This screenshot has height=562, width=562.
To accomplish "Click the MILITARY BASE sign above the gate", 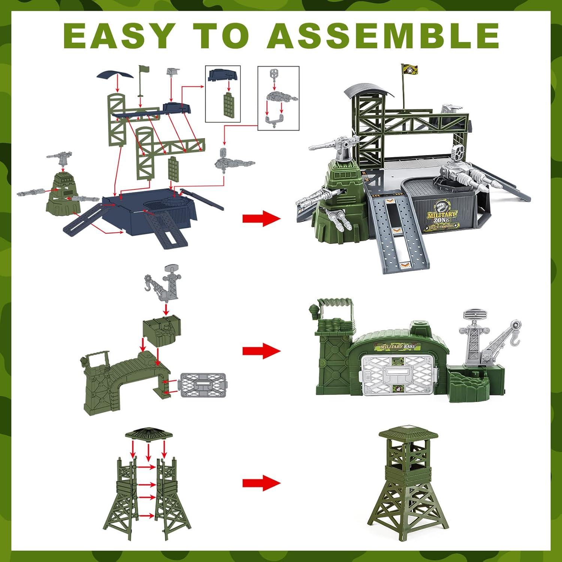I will [398, 347].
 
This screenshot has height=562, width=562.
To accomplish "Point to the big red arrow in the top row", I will [261, 218].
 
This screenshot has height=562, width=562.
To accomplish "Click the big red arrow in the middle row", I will [261, 351].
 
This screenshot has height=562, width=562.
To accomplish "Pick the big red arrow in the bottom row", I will [261, 482].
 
